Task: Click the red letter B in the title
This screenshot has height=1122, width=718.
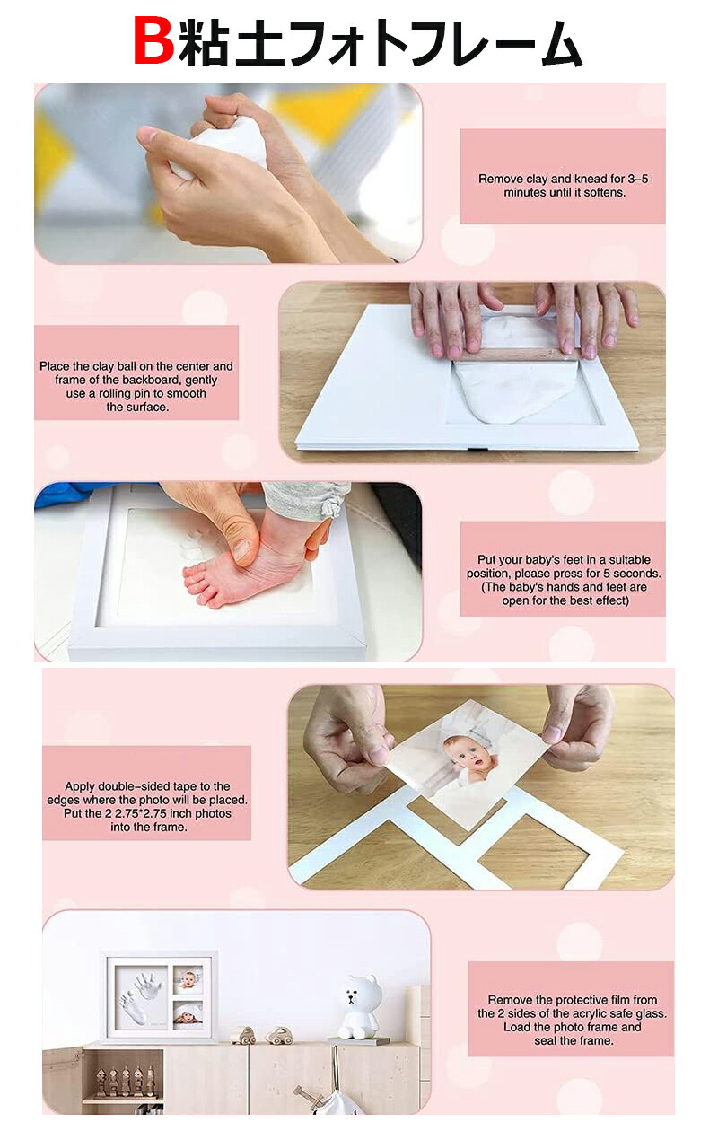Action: (154, 41)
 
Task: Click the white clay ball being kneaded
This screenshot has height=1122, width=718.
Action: (219, 149)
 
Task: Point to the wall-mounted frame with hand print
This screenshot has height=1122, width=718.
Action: (159, 995)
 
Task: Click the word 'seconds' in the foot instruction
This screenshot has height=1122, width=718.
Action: (637, 574)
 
